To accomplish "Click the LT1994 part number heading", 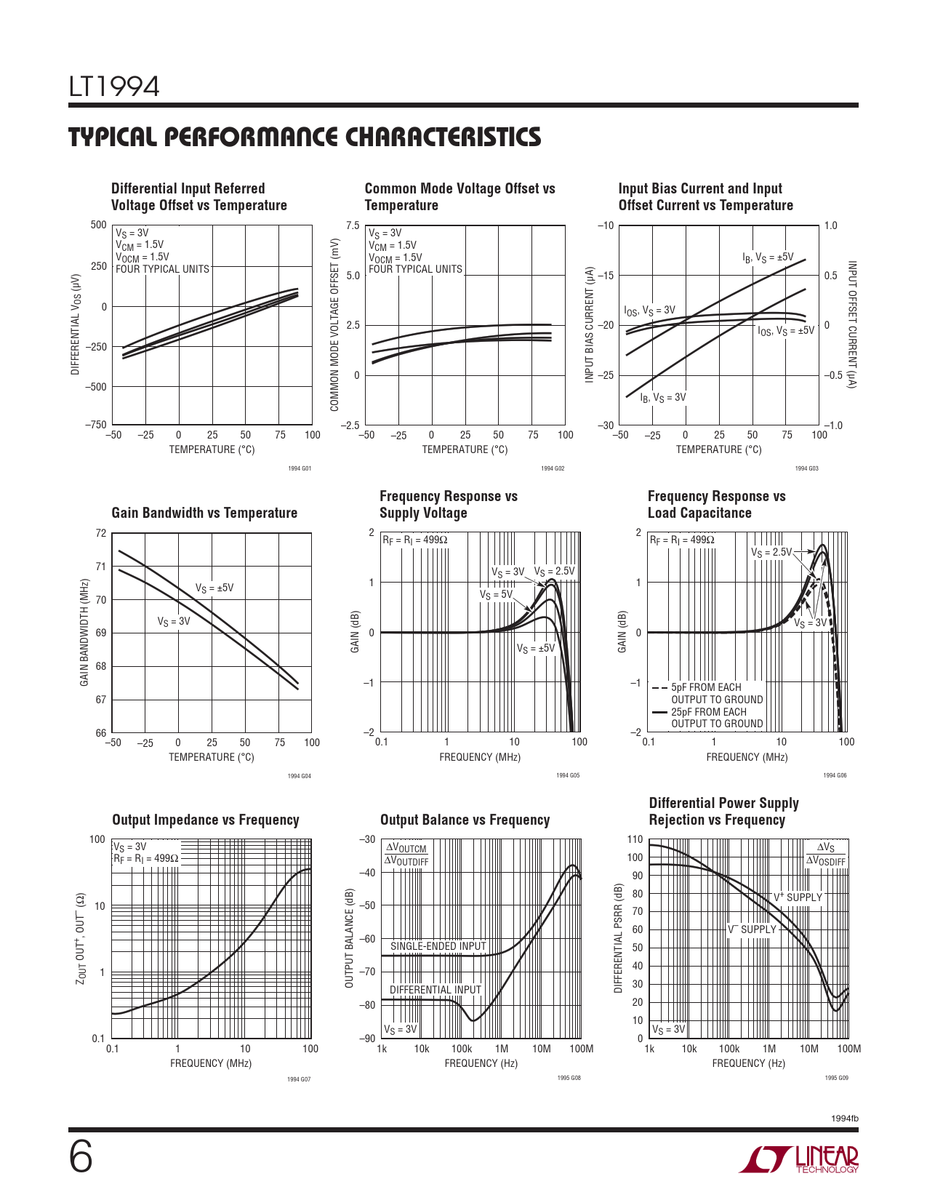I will click(114, 87).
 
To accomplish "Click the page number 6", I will click(81, 1158).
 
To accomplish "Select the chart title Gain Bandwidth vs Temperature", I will click(204, 513).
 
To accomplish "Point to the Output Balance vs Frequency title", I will click(465, 820).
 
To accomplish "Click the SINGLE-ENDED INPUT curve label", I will click(438, 946).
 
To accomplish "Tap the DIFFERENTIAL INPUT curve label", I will click(436, 990).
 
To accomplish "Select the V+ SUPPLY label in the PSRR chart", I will click(798, 897).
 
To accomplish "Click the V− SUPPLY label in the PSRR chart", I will click(752, 929).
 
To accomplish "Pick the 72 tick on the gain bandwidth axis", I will click(101, 533).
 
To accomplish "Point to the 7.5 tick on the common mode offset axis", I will click(353, 225).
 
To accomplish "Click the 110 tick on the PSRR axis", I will click(635, 839).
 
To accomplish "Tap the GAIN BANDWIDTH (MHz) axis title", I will click(84, 633).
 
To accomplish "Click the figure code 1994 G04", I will click(299, 776).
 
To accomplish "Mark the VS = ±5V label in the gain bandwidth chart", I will click(214, 588).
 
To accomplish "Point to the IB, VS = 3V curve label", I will click(663, 397).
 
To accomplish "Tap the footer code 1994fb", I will click(844, 1118).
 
